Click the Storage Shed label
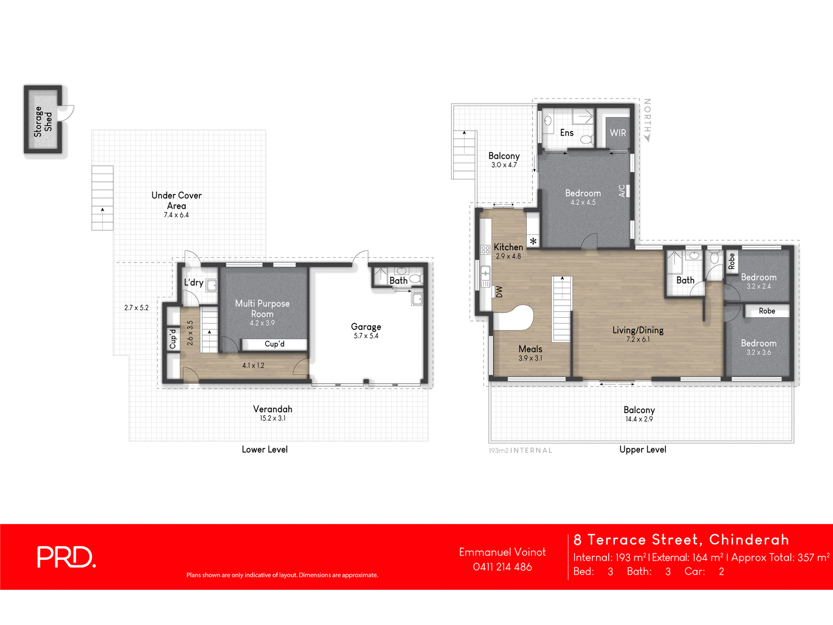click(x=43, y=122)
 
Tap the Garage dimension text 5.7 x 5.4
click(x=366, y=336)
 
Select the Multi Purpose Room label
click(x=262, y=309)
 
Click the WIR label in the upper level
click(x=618, y=133)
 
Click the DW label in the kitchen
click(x=499, y=292)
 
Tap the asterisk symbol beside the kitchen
click(x=533, y=241)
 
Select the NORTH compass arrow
click(x=647, y=138)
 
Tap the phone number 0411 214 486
click(x=502, y=567)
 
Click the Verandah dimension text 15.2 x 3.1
click(x=272, y=418)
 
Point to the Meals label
click(x=530, y=349)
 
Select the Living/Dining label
click(x=638, y=330)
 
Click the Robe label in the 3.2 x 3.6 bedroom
click(x=767, y=311)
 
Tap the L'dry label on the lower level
click(x=193, y=283)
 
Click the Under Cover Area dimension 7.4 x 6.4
click(x=176, y=215)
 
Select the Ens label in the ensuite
click(x=567, y=133)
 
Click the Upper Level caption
click(x=643, y=450)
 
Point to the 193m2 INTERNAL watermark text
click(x=520, y=451)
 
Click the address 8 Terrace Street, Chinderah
click(x=681, y=539)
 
